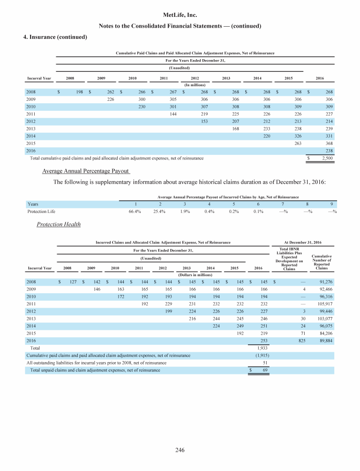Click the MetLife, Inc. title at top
tap(180, 15)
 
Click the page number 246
tap(180, 451)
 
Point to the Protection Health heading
tap(59, 225)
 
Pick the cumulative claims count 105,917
tap(323, 304)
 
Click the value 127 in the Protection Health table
tap(73, 281)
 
